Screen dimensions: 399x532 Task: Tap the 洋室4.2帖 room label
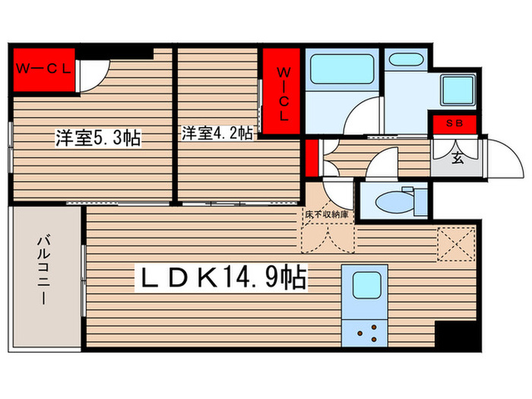point(217,133)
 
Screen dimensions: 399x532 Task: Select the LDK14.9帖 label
point(220,278)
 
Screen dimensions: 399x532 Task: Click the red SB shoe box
point(454,124)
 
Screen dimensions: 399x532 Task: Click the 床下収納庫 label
point(328,215)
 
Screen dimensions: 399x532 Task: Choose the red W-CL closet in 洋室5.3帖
point(43,69)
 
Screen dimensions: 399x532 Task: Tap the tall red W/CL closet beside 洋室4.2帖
point(282,93)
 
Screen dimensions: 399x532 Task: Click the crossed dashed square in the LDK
point(456,243)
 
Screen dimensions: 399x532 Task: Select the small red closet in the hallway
point(312,157)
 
